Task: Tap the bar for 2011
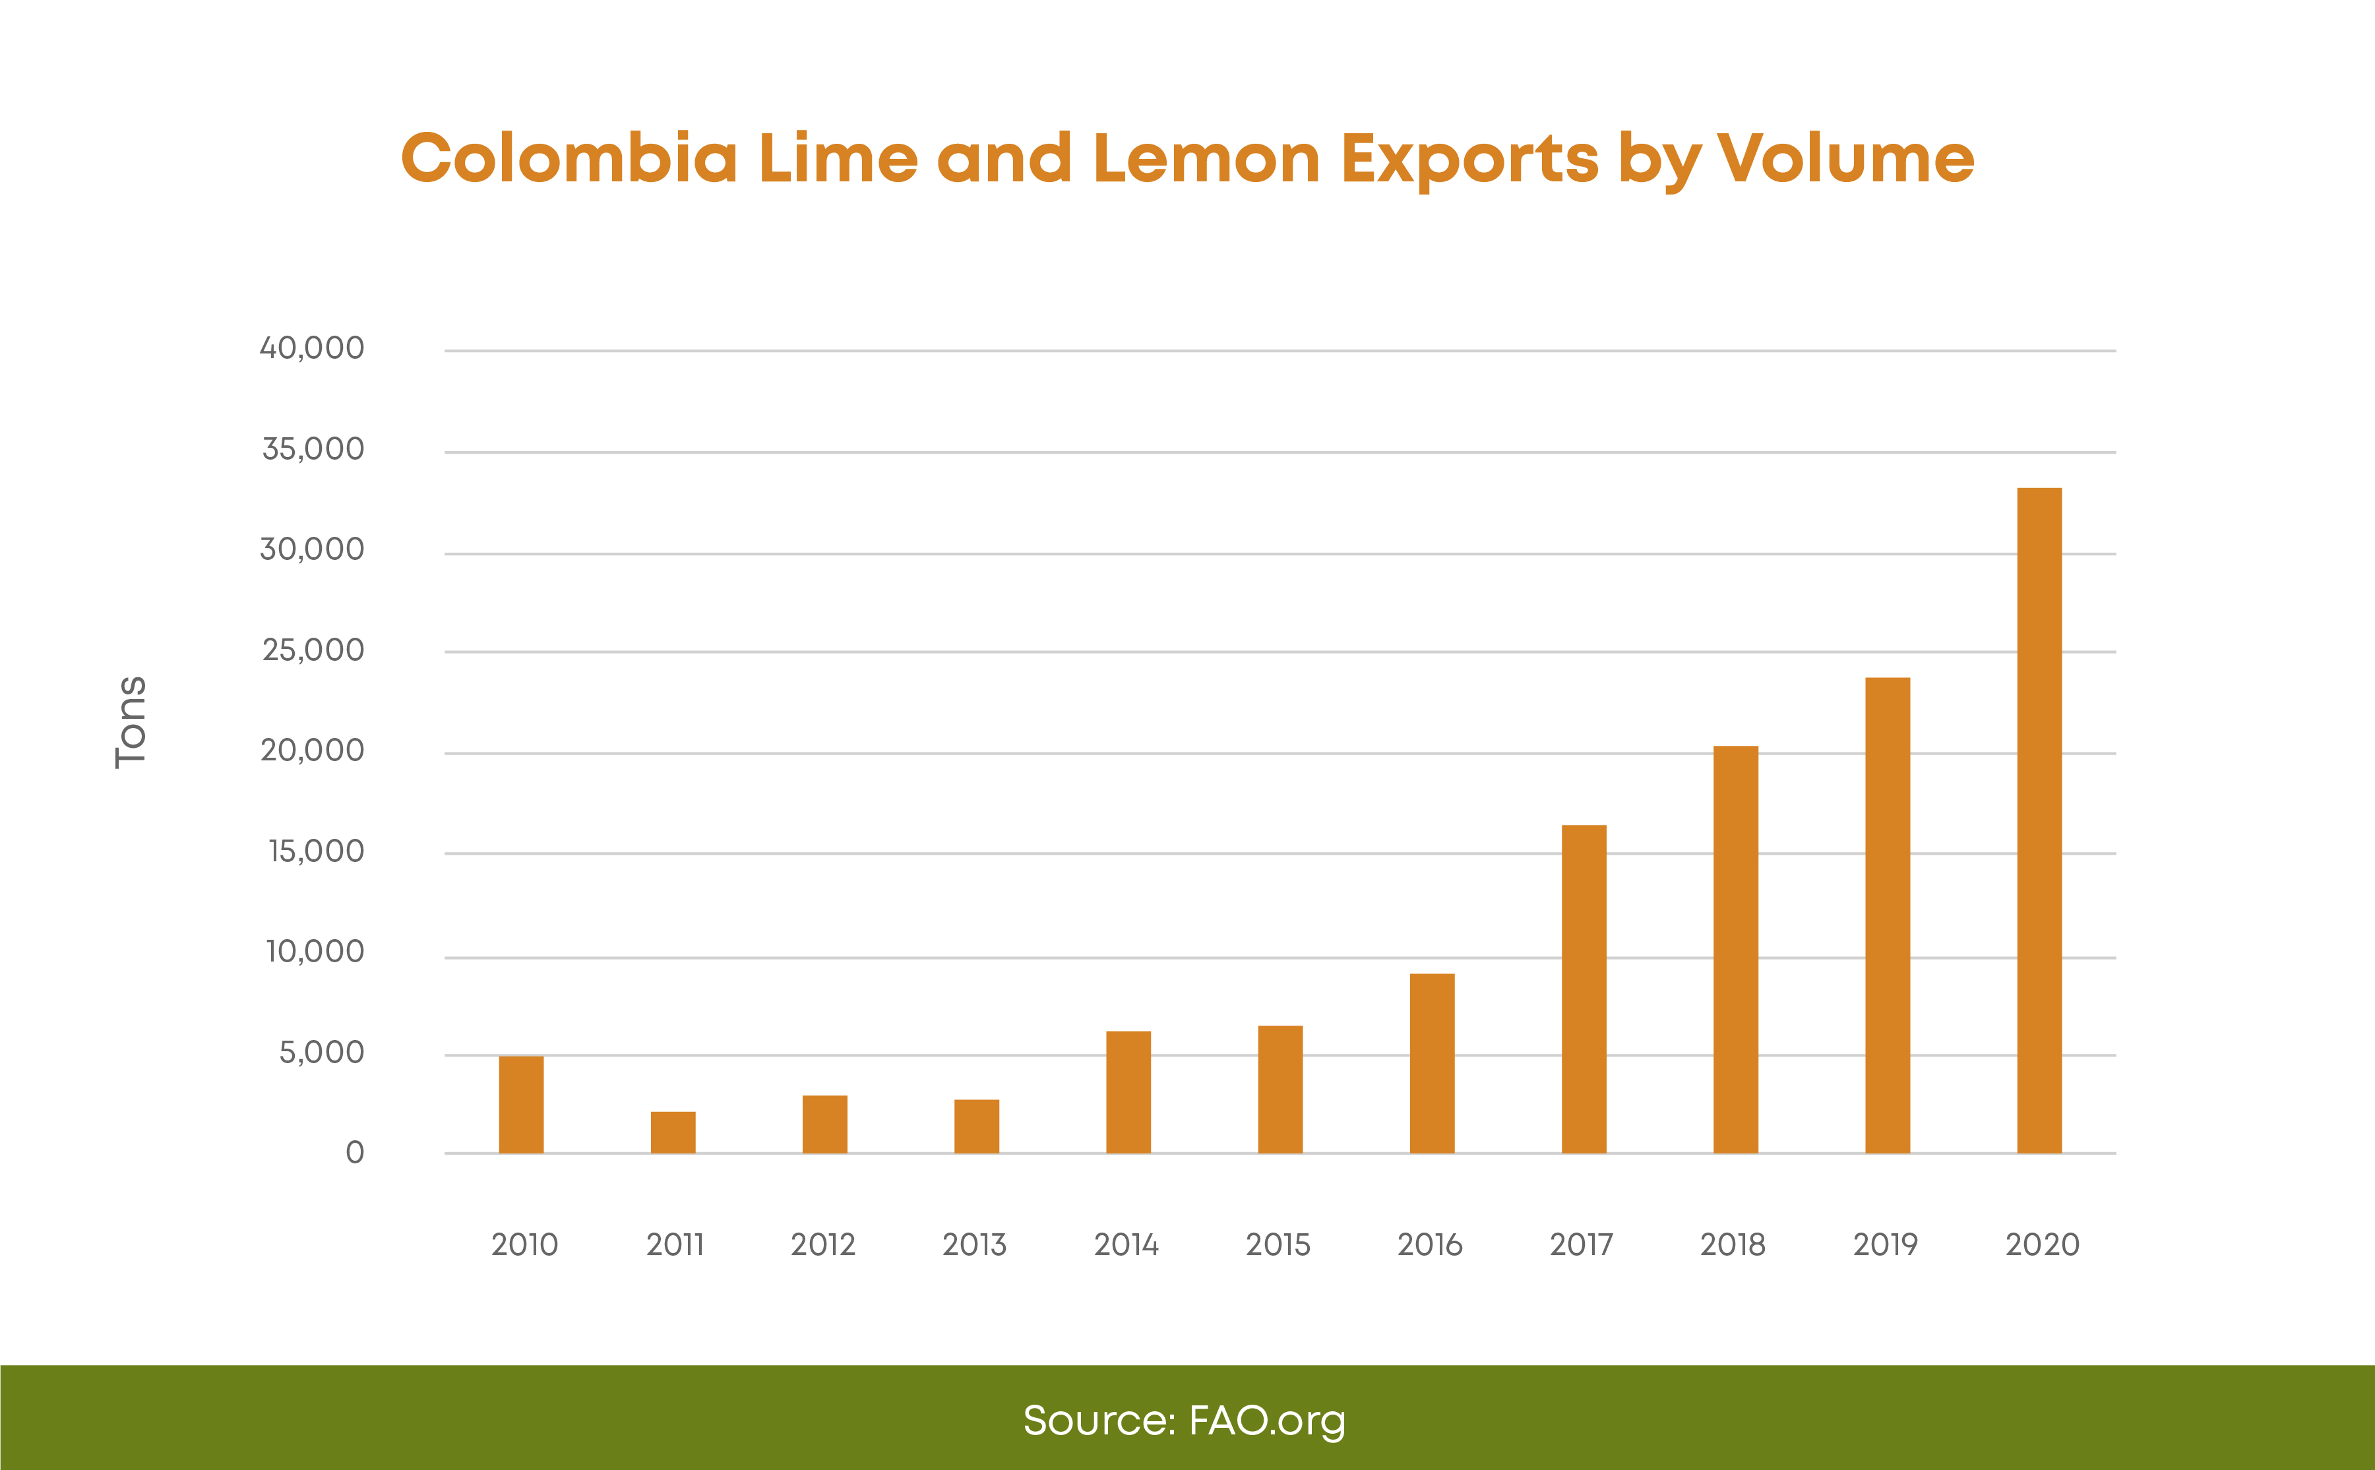pyautogui.click(x=673, y=1132)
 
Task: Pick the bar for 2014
pyautogui.click(x=1128, y=1092)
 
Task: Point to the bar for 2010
pyautogui.click(x=521, y=1105)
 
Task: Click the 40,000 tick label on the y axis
pyautogui.click(x=312, y=348)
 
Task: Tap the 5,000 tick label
pyautogui.click(x=322, y=1053)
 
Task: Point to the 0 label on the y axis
pyautogui.click(x=355, y=1153)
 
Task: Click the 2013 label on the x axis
pyautogui.click(x=974, y=1244)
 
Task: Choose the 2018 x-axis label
pyautogui.click(x=1733, y=1244)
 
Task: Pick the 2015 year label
pyautogui.click(x=1278, y=1244)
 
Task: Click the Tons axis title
pyautogui.click(x=131, y=721)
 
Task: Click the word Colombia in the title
pyautogui.click(x=570, y=158)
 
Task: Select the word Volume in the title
pyautogui.click(x=1845, y=158)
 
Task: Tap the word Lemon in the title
pyautogui.click(x=1206, y=158)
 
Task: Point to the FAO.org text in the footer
pyautogui.click(x=1267, y=1421)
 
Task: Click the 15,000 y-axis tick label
pyautogui.click(x=316, y=851)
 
